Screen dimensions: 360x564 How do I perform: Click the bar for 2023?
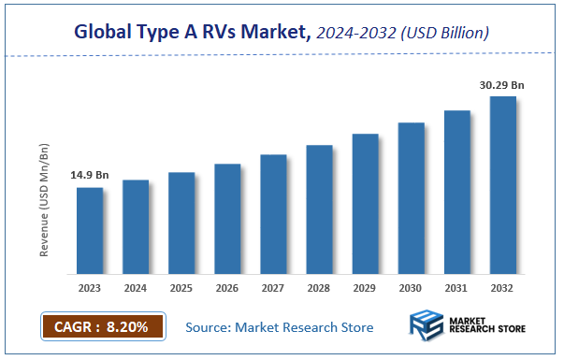coord(90,231)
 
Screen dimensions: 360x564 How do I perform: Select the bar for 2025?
coord(181,223)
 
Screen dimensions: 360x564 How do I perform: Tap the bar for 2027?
coord(273,214)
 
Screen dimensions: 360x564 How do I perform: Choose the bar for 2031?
coord(456,193)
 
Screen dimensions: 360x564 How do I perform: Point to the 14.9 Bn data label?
coord(89,175)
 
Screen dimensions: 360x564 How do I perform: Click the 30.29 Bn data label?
coord(501,84)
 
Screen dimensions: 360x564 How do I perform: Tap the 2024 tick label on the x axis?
coord(136,289)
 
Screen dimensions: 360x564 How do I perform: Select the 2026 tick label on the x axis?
coord(227,289)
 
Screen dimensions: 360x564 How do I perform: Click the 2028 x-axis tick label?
coord(319,289)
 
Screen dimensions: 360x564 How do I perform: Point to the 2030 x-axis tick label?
coord(411,289)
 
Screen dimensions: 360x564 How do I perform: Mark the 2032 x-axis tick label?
coord(502,289)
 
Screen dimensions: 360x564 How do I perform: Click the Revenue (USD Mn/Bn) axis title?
coord(44,200)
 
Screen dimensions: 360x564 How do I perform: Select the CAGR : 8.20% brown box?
coord(103,327)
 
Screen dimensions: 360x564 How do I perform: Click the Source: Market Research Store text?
coord(280,327)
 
